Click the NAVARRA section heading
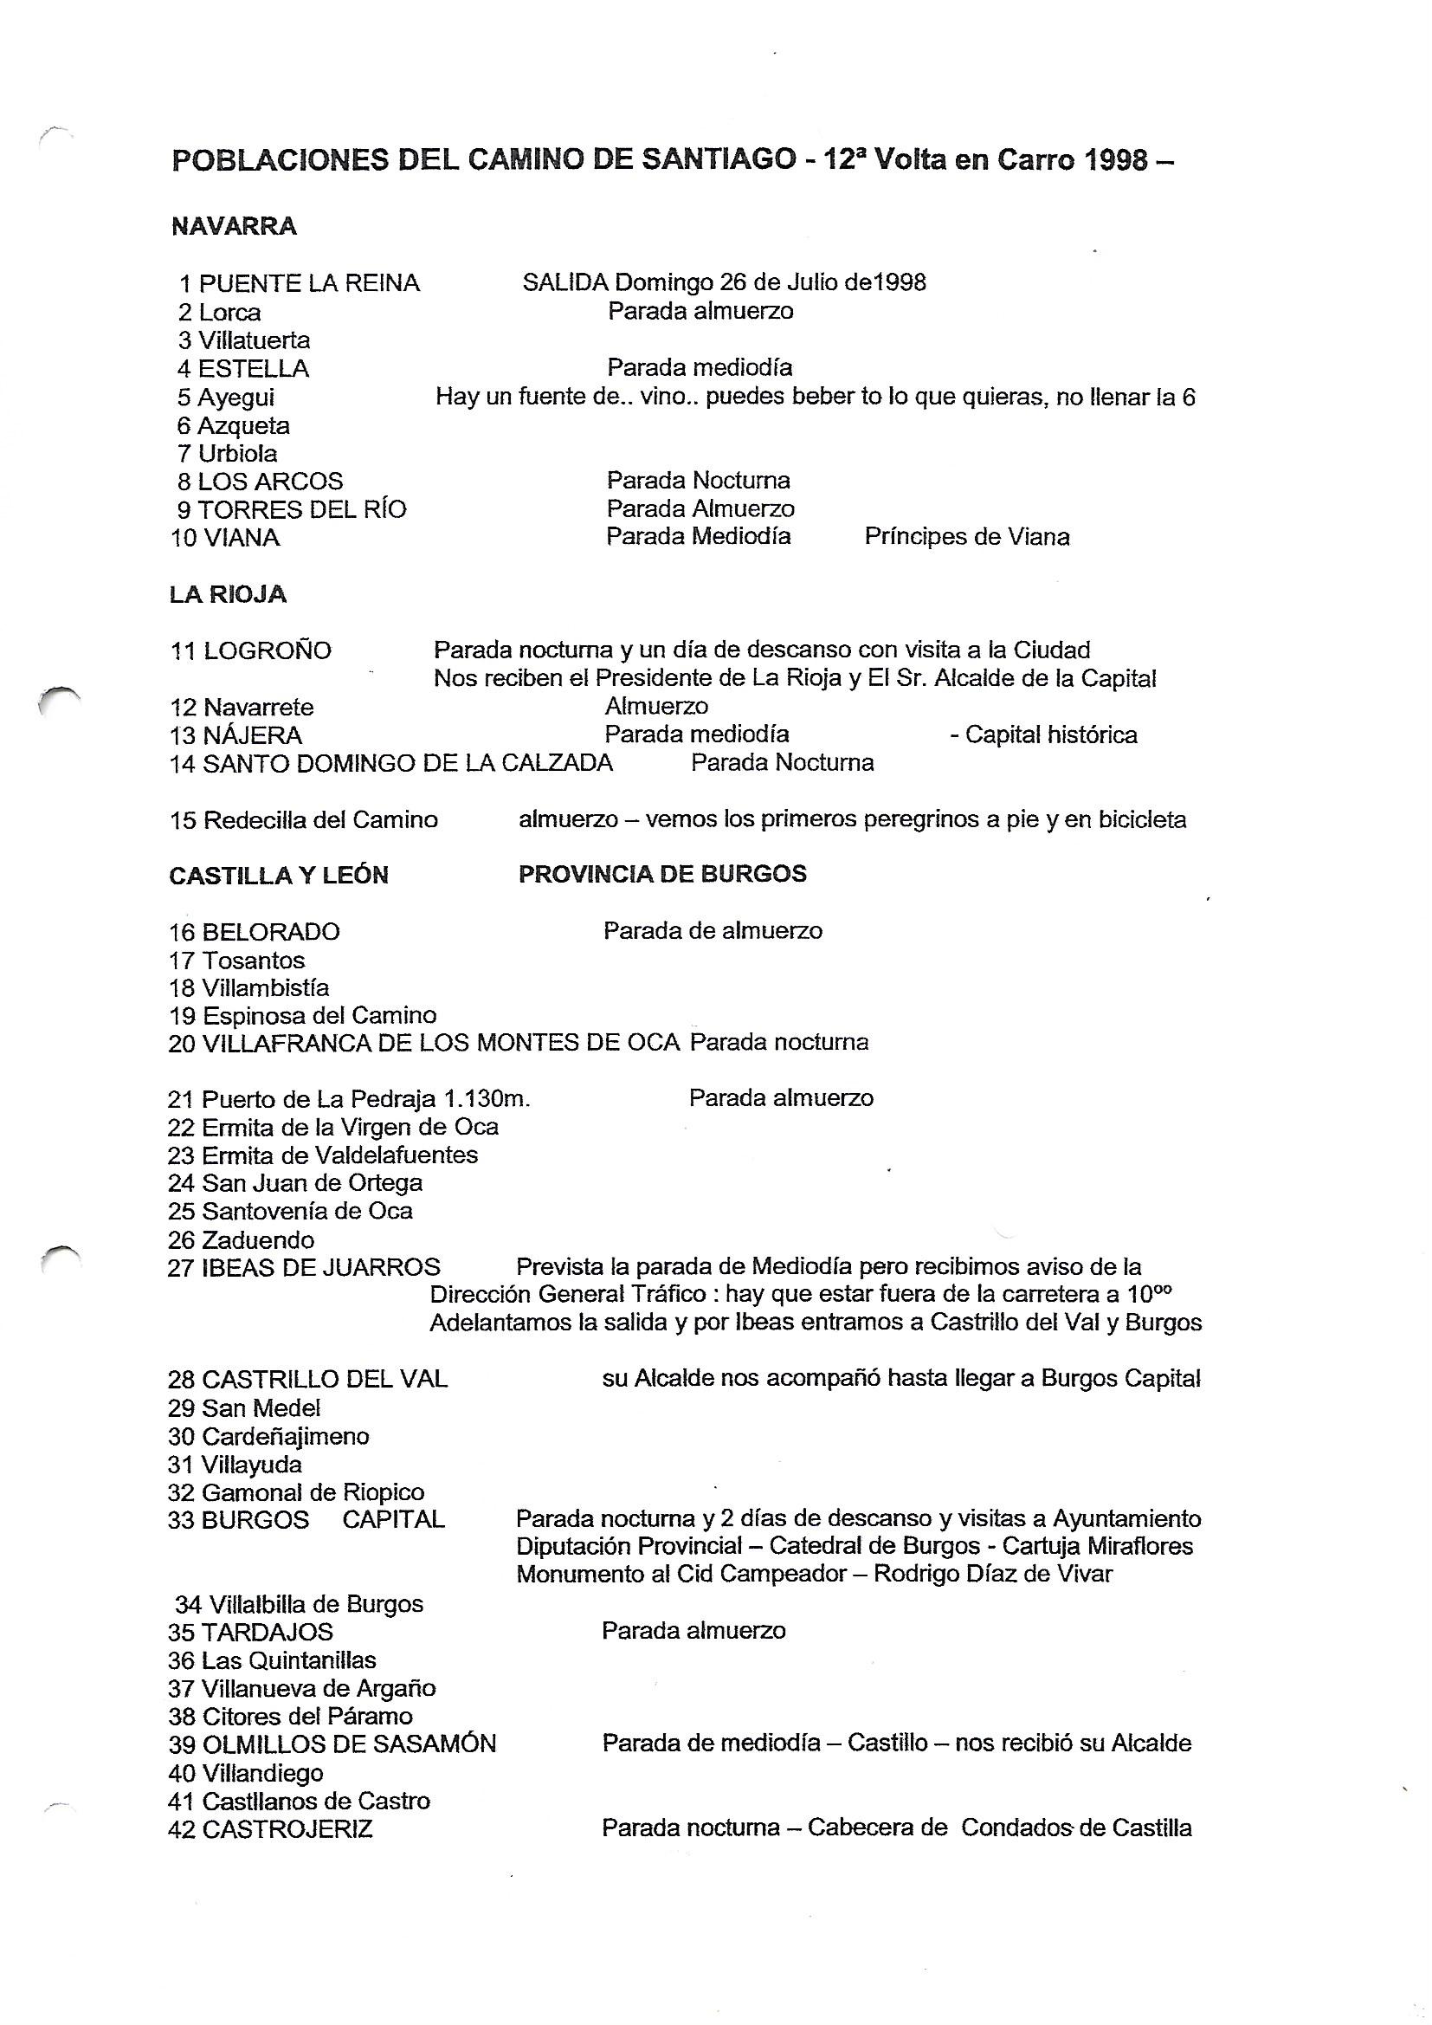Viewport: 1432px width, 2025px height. pos(234,227)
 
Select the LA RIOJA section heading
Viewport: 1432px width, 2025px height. pos(228,594)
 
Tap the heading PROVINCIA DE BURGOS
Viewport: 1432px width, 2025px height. pos(662,873)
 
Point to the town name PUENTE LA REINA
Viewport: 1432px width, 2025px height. pos(308,283)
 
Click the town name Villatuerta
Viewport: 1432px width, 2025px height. pos(254,340)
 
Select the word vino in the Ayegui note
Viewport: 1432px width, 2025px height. pos(664,397)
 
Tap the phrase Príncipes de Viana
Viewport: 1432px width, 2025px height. pos(966,536)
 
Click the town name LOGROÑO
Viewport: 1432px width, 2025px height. pos(268,651)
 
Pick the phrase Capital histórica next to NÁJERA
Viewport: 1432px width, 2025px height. pos(1051,734)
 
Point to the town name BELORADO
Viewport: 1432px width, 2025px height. pos(271,931)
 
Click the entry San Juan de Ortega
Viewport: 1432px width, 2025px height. pos(313,1183)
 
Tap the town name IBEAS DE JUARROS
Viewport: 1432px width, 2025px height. pos(321,1267)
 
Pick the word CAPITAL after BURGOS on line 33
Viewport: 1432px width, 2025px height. pos(393,1520)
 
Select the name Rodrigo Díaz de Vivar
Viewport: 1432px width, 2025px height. pos(993,1575)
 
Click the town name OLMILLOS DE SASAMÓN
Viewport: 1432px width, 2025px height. pos(349,1744)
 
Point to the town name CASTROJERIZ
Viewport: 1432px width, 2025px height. pos(287,1828)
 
